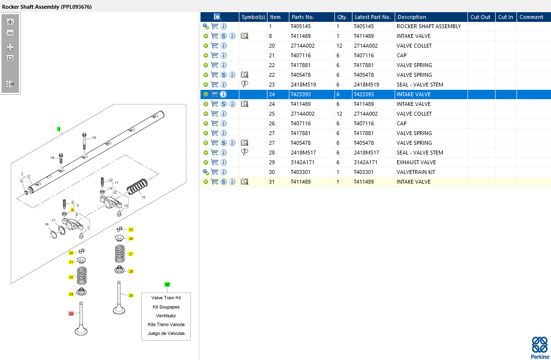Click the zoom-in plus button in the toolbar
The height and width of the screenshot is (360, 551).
(x=10, y=22)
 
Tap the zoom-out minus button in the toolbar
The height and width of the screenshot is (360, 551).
(x=10, y=34)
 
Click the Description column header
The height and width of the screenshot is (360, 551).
(x=411, y=17)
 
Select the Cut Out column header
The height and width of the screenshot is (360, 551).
(x=480, y=17)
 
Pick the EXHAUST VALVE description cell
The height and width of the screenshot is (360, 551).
(x=416, y=162)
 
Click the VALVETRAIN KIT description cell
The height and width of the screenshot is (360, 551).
(x=416, y=172)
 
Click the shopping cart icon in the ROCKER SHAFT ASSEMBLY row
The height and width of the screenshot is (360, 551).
(x=215, y=26)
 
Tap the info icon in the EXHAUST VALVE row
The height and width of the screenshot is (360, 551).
(x=223, y=162)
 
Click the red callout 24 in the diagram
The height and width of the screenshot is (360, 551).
(x=71, y=314)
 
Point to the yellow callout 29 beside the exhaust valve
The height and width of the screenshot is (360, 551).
(x=131, y=295)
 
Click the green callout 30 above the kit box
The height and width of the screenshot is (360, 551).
(x=167, y=285)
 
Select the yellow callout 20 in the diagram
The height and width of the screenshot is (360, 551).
(x=71, y=253)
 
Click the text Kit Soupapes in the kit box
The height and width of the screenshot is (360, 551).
(x=166, y=307)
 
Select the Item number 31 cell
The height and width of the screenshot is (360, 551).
(x=272, y=182)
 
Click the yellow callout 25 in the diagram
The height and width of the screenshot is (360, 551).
(x=131, y=229)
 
